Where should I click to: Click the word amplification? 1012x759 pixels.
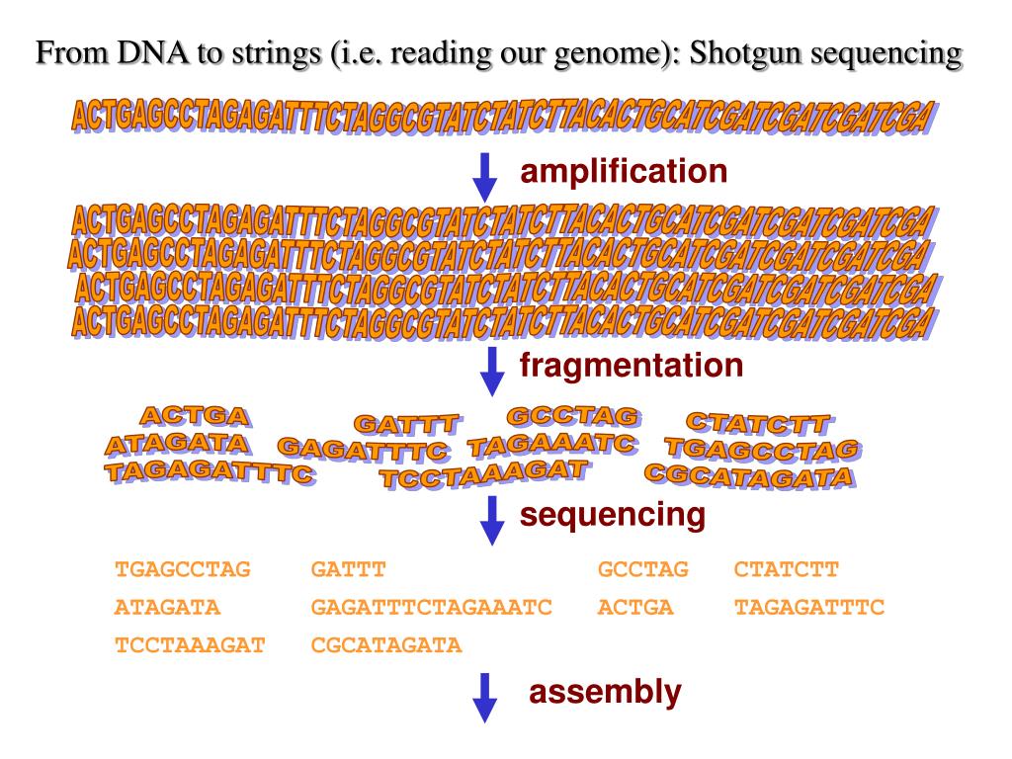tap(624, 173)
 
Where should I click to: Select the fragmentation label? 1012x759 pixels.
tap(632, 367)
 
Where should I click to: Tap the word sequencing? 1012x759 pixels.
tap(613, 515)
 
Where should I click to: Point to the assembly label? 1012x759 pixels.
tap(605, 693)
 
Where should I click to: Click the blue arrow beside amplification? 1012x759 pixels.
tap(484, 175)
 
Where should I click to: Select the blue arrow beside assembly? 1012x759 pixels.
tap(483, 697)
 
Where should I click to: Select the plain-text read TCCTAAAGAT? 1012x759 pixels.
tap(191, 645)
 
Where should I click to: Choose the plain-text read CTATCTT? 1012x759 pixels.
tap(786, 570)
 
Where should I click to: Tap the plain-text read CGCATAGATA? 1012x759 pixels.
tap(386, 645)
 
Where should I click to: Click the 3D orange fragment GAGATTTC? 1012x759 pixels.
tap(364, 451)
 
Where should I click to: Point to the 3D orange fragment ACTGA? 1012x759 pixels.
tap(195, 416)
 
